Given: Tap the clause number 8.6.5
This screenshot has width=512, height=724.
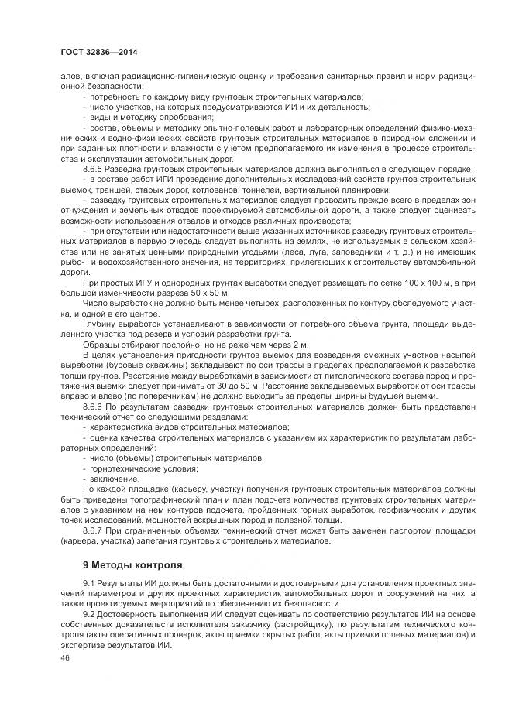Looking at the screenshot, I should [94, 168].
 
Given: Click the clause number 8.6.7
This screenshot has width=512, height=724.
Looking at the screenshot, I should [94, 530].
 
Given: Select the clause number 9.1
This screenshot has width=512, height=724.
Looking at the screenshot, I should [88, 582].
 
